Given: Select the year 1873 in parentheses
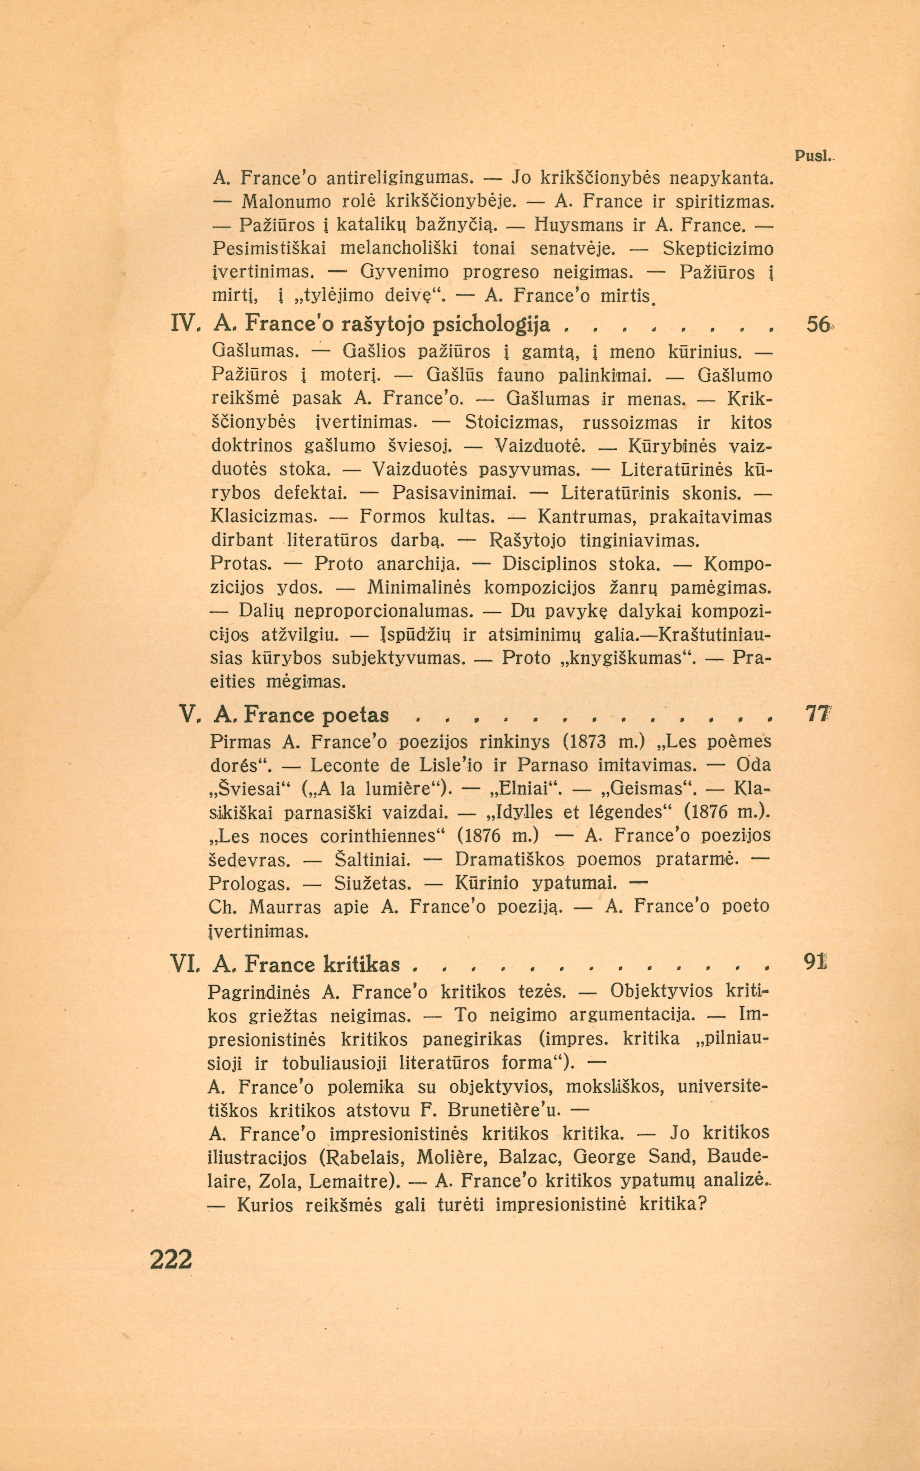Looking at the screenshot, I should (x=590, y=743).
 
